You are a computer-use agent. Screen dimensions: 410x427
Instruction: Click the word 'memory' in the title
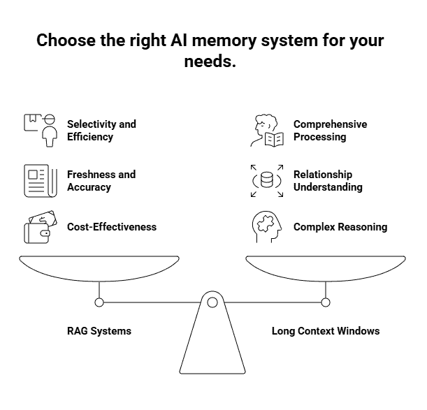(225, 41)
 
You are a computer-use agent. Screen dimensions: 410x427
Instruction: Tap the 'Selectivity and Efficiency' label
(101, 131)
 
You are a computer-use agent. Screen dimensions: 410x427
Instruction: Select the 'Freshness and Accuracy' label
(101, 181)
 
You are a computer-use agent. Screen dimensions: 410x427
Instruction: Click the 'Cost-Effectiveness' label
(112, 227)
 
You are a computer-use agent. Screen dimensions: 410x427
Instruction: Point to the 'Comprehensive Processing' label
(330, 131)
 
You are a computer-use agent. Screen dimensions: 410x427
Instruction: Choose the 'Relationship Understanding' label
(328, 181)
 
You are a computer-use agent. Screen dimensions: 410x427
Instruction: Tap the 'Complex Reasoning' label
(340, 227)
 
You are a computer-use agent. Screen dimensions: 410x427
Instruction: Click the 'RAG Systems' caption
(99, 330)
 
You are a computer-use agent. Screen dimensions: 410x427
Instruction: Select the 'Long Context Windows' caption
(326, 330)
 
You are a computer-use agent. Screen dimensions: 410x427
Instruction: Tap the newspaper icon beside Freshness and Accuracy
(40, 181)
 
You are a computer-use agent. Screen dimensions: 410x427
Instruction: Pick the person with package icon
(41, 130)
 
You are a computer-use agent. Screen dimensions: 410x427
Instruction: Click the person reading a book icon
(267, 131)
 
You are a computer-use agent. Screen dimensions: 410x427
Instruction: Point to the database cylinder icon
(267, 181)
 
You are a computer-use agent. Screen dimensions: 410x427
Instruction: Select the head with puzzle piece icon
(267, 228)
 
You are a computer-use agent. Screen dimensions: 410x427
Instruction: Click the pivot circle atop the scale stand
(212, 302)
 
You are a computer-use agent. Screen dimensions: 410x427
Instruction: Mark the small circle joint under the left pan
(99, 302)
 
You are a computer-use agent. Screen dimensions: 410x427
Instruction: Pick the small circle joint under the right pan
(325, 302)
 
